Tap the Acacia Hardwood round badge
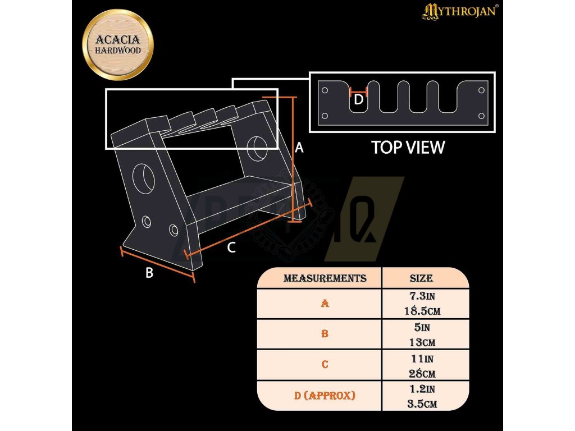(118, 45)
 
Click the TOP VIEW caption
(408, 148)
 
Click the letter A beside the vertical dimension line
(299, 148)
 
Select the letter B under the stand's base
(149, 273)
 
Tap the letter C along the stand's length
(231, 248)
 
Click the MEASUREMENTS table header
(325, 278)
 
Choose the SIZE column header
(421, 278)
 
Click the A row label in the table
(325, 304)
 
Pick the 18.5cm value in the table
(421, 311)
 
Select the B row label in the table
(325, 334)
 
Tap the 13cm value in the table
(421, 342)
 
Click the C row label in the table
(325, 365)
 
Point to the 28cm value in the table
(421, 373)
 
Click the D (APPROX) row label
(325, 396)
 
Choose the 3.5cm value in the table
(421, 404)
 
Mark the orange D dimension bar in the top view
(358, 89)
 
